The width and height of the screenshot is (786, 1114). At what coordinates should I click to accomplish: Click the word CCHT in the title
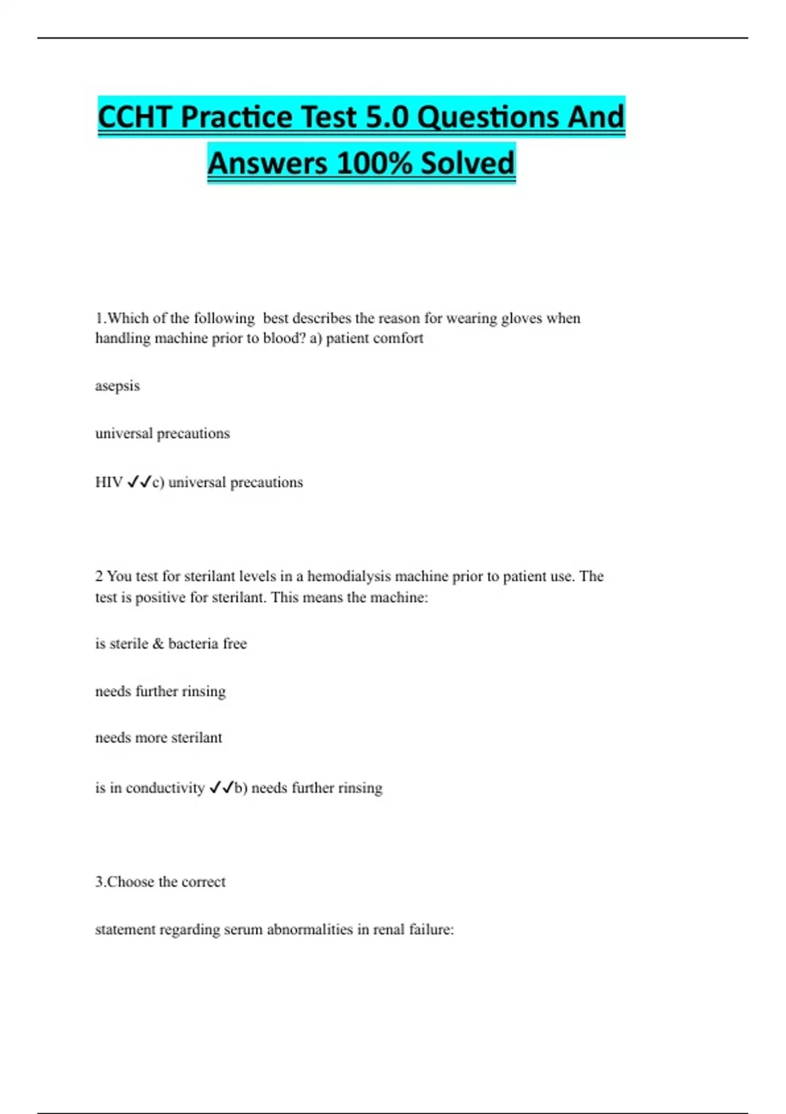136,117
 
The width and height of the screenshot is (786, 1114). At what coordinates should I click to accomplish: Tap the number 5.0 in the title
386,117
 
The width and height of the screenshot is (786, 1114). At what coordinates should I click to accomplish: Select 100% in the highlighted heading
375,163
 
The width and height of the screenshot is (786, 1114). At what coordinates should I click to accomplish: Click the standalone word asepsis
117,386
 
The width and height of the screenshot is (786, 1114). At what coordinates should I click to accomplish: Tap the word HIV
109,482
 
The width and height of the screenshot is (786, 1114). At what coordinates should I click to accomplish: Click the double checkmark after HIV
139,482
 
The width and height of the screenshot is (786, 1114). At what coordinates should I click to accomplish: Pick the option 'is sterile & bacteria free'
171,643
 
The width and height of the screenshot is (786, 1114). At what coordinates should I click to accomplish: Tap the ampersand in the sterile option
158,643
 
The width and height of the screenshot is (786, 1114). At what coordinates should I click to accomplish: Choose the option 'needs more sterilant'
159,738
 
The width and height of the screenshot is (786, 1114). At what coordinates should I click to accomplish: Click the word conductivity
165,788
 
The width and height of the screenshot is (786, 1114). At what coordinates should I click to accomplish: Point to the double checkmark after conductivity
221,788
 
